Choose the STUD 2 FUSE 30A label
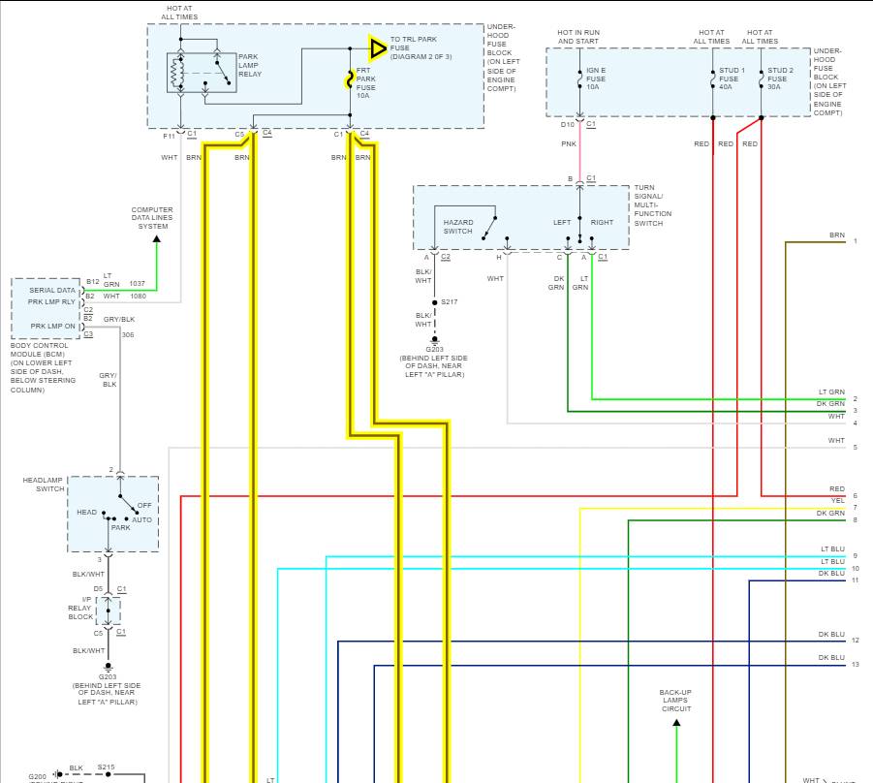point(780,78)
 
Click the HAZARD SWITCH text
point(458,227)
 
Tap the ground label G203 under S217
point(434,349)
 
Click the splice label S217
point(449,302)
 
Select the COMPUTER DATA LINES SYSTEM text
point(152,218)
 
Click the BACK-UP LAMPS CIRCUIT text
point(676,701)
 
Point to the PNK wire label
point(569,143)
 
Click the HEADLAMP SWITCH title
point(44,485)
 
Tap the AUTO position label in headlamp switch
point(141,520)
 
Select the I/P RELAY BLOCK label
point(80,611)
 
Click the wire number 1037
point(137,283)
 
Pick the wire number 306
point(128,334)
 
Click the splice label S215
point(106,767)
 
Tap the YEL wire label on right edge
point(837,500)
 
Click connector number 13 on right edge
point(856,665)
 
